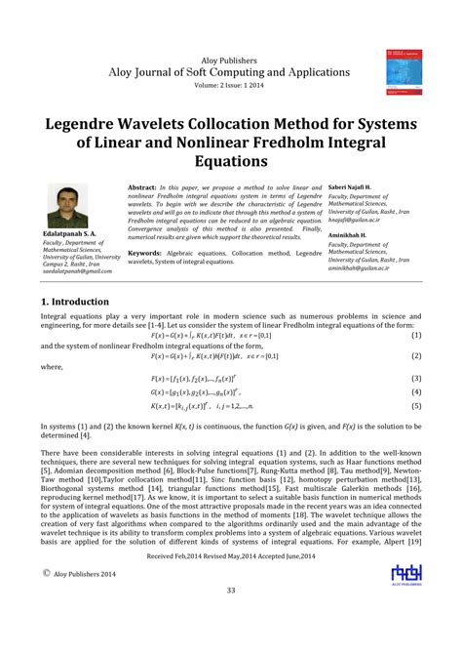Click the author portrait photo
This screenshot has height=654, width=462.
click(x=67, y=206)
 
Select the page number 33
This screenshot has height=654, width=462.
click(x=231, y=617)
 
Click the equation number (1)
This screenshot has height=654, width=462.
click(x=416, y=335)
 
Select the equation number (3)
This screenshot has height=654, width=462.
click(x=416, y=378)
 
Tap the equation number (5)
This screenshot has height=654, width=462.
click(x=416, y=405)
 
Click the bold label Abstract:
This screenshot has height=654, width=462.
click(x=143, y=185)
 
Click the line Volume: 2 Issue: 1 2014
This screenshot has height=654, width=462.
click(x=231, y=84)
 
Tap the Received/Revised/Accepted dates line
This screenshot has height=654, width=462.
click(x=231, y=582)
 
